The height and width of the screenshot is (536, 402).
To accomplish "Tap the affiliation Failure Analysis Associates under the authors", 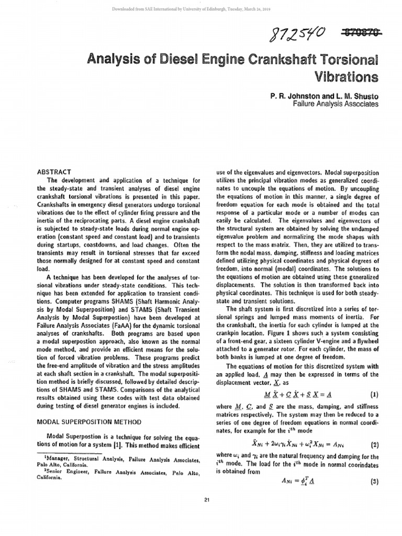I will [x=335, y=104].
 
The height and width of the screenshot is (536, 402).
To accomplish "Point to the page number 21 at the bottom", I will [x=207, y=498].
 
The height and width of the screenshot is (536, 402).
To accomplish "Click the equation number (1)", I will [x=374, y=395].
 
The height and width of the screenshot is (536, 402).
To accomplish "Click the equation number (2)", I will [x=374, y=445].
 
